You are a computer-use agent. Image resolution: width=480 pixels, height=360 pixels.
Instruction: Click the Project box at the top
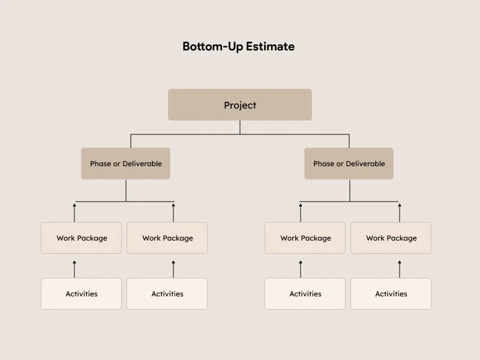click(239, 105)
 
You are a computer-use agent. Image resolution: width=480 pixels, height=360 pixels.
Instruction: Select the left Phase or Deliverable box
click(125, 163)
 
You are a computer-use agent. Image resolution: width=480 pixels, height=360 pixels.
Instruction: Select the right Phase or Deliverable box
click(349, 163)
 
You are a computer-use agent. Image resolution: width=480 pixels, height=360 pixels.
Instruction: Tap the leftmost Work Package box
click(82, 238)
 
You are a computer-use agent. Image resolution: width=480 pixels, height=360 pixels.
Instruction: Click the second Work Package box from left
click(167, 238)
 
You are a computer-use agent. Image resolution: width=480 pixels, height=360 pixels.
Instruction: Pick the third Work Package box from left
click(305, 238)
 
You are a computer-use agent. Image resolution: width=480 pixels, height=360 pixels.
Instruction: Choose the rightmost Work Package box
click(391, 238)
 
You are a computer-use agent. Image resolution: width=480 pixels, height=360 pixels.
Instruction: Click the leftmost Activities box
click(82, 293)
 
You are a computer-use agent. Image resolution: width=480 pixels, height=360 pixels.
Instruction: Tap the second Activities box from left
click(167, 293)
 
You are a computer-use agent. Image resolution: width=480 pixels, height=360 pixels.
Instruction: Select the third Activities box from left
click(305, 293)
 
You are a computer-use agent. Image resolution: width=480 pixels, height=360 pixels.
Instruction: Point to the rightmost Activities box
click(391, 293)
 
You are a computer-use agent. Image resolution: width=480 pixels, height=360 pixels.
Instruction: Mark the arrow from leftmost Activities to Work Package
click(74, 269)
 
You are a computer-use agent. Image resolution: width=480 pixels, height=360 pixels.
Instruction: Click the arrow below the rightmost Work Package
click(400, 269)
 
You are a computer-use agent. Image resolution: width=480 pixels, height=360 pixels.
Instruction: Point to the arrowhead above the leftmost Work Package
click(74, 205)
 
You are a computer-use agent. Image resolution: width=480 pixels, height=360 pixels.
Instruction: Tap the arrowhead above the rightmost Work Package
click(400, 205)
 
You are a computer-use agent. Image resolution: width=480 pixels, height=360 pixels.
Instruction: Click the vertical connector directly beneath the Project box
click(240, 127)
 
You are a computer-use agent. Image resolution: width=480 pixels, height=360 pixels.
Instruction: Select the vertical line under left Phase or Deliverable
click(126, 190)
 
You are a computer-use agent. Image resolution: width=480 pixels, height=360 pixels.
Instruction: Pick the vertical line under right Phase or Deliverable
click(349, 190)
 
